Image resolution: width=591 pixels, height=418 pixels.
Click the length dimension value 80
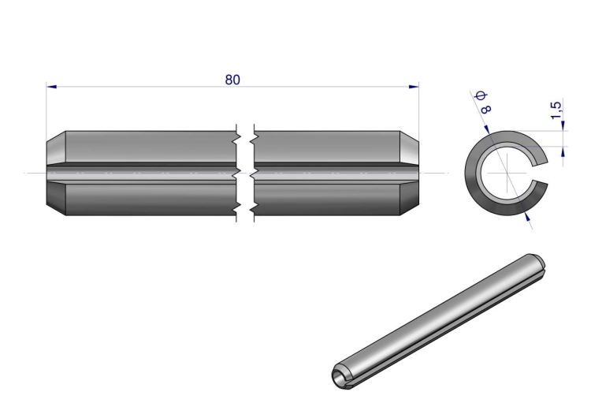232,80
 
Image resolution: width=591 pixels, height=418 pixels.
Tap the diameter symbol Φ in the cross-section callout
481,95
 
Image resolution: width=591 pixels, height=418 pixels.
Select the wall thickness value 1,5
556,110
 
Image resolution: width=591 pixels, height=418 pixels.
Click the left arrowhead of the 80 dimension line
52,87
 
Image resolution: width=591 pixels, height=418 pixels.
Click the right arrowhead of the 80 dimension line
414,87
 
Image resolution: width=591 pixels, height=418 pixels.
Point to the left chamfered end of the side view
56,174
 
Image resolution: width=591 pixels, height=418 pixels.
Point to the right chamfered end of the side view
409,174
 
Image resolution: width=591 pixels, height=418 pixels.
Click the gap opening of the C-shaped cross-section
540,173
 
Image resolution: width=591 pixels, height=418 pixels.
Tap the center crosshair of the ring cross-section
507,174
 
